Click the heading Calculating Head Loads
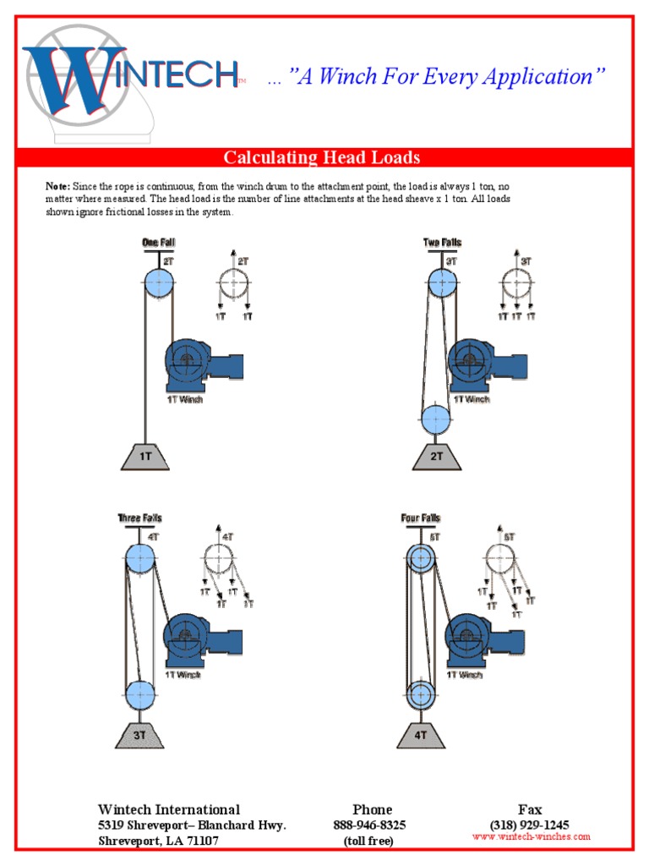pyautogui.click(x=321, y=157)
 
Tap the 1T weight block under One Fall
pyautogui.click(x=145, y=456)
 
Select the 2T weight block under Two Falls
pyautogui.click(x=436, y=457)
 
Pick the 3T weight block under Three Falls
pyautogui.click(x=139, y=734)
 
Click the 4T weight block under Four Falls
pyautogui.click(x=420, y=734)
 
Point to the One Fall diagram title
pyautogui.click(x=158, y=243)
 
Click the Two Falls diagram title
pyautogui.click(x=442, y=243)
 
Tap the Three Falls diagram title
pyautogui.click(x=139, y=518)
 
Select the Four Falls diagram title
pyautogui.click(x=420, y=518)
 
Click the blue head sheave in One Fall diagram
pyautogui.click(x=158, y=282)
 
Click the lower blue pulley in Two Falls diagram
pyautogui.click(x=436, y=419)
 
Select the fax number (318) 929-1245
pyautogui.click(x=529, y=825)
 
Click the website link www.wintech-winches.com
pyautogui.click(x=531, y=837)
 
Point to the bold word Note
pyautogui.click(x=57, y=185)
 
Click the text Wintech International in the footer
pyautogui.click(x=169, y=809)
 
